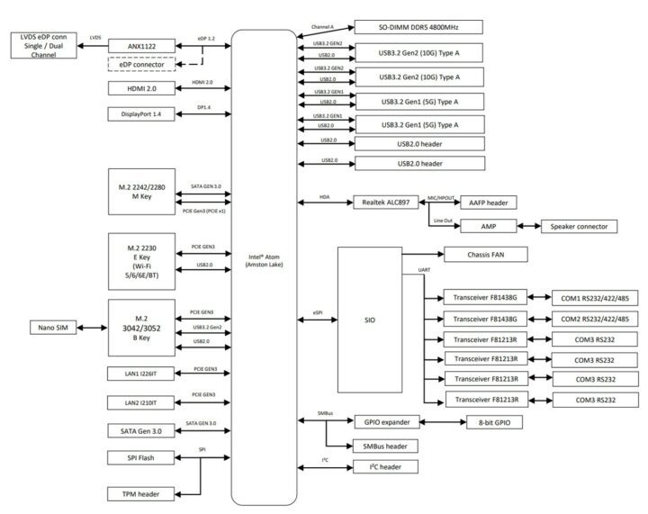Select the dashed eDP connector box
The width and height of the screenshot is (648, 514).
click(143, 66)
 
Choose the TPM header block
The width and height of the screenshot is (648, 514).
click(143, 494)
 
